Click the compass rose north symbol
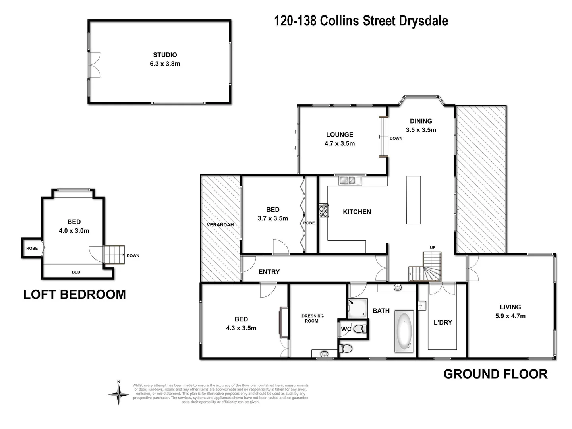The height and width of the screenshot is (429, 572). (x=118, y=393)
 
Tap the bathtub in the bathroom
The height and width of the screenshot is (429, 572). (x=404, y=331)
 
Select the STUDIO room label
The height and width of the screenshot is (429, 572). (x=165, y=59)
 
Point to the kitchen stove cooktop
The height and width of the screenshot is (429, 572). (x=323, y=211)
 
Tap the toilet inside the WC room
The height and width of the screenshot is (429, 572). (x=359, y=329)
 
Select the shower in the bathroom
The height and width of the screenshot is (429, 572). (x=357, y=308)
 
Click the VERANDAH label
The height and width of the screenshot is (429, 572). (x=220, y=225)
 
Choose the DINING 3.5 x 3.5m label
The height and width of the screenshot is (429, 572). (x=421, y=126)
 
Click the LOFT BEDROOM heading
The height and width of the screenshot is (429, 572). (x=75, y=294)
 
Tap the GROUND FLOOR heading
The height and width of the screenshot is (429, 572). (x=495, y=374)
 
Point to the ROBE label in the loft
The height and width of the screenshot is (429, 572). (x=32, y=249)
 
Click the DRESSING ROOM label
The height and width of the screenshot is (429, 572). (x=312, y=318)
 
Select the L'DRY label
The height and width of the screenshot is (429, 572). (x=443, y=322)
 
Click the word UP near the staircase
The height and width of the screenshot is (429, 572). (x=433, y=247)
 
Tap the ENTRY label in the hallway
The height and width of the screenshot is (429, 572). (x=269, y=272)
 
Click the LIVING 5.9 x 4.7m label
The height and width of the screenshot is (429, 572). (x=510, y=311)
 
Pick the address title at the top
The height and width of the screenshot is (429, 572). (x=361, y=21)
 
